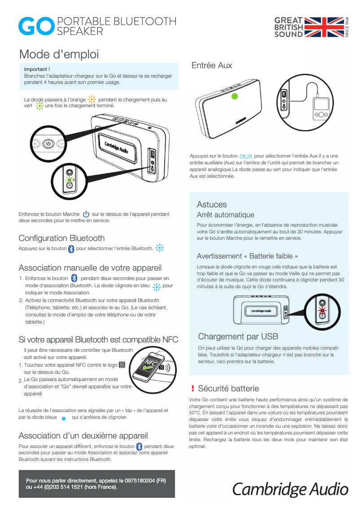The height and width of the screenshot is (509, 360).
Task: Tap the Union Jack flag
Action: tap(324, 27)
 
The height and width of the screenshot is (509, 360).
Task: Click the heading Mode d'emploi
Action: tap(59, 55)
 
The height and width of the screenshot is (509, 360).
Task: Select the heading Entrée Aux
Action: tap(211, 66)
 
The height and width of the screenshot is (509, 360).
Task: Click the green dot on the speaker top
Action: tap(234, 96)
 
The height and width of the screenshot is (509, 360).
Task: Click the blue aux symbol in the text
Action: tap(246, 156)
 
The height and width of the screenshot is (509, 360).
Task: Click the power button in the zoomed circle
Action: tap(49, 144)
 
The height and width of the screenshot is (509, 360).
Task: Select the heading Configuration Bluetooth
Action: tap(61, 238)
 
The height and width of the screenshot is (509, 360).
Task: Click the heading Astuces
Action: tap(212, 204)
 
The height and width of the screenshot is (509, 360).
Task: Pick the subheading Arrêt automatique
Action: tap(225, 215)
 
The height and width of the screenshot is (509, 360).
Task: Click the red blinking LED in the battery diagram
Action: tap(321, 310)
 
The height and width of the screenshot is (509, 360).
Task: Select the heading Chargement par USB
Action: tap(238, 337)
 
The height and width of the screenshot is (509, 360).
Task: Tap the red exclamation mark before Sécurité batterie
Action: tap(193, 389)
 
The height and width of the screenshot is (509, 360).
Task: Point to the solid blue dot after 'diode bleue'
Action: tap(64, 418)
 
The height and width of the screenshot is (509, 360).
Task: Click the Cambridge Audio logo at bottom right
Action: tap(290, 489)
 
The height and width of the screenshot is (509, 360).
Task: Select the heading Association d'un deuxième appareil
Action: tap(83, 435)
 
